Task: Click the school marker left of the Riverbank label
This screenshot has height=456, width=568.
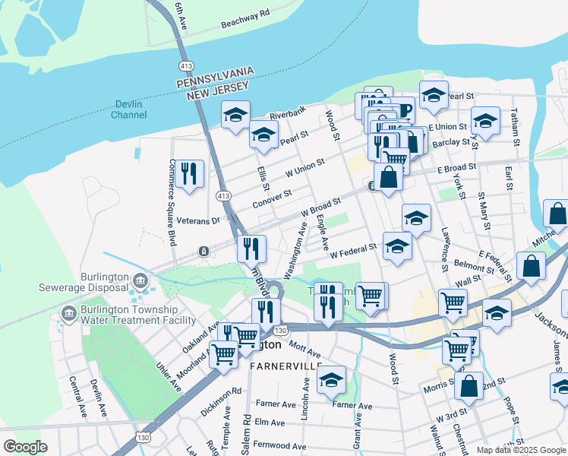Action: (x=235, y=115)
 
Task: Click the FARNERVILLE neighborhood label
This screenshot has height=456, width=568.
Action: (x=282, y=366)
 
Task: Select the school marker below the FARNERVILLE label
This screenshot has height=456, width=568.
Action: (x=331, y=380)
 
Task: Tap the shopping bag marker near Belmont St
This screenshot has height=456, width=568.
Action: (x=531, y=266)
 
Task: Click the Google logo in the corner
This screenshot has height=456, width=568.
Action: (x=26, y=447)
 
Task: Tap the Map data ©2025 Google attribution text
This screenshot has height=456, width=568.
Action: (x=521, y=450)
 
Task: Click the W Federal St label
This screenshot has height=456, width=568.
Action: (x=353, y=249)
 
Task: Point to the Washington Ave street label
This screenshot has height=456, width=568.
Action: (x=296, y=250)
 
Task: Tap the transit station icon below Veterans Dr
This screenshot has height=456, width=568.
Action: (x=204, y=251)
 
